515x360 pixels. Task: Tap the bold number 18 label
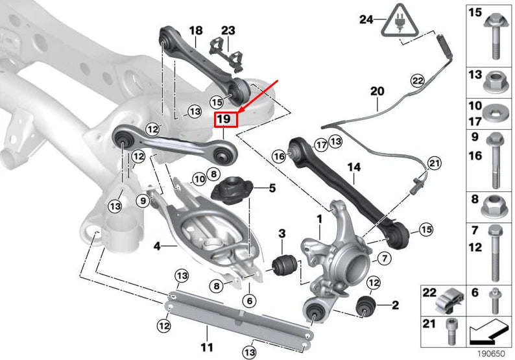(195, 30)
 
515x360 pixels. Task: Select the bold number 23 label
(228, 30)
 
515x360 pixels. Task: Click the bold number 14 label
(353, 167)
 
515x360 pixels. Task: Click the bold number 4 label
(157, 246)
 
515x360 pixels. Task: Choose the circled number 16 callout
(279, 156)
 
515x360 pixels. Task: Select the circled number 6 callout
(248, 300)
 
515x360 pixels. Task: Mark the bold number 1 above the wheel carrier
(318, 220)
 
